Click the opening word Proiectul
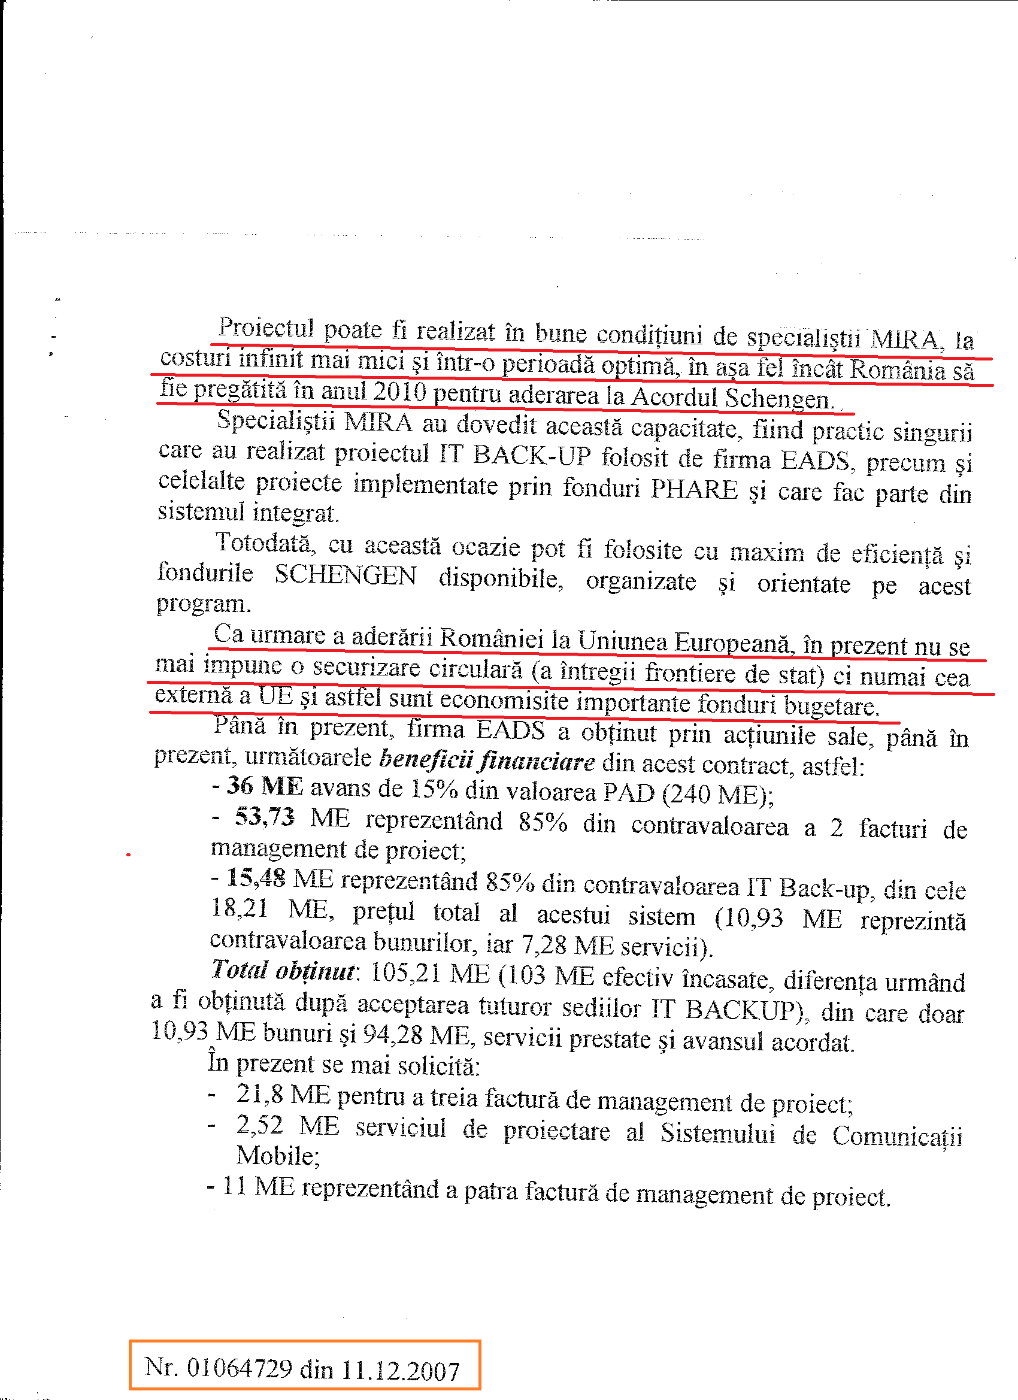tap(266, 328)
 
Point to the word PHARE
tap(694, 489)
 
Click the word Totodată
tap(265, 544)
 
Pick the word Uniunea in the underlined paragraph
tap(622, 642)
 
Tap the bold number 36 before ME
tap(240, 786)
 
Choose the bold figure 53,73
tap(264, 817)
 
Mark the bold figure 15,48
tap(256, 878)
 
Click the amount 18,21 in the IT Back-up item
tap(240, 908)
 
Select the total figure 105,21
tap(405, 973)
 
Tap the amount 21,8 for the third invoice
tap(259, 1095)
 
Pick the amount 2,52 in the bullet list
tap(259, 1125)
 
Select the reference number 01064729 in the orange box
tap(239, 1368)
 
